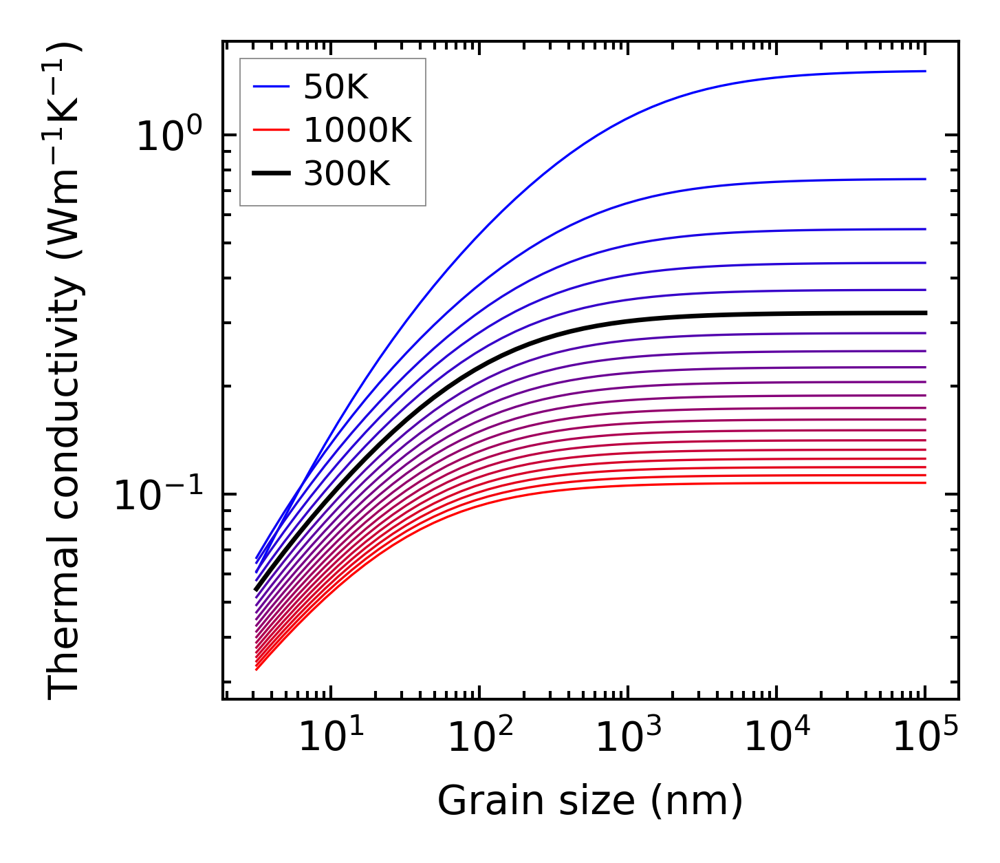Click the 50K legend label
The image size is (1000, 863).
(x=336, y=87)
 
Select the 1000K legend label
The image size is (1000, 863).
(x=358, y=131)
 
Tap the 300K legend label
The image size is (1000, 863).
(x=347, y=175)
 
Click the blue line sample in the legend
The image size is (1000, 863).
(x=271, y=87)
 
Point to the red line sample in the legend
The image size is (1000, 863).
(x=271, y=131)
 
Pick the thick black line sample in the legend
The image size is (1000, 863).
(x=271, y=175)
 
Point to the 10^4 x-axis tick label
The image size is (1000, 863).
(x=776, y=737)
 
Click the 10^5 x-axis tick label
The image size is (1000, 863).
(x=925, y=737)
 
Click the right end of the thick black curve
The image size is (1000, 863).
(x=925, y=313)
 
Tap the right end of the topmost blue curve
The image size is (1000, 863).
(x=925, y=71)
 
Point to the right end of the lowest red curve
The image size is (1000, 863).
(x=925, y=482)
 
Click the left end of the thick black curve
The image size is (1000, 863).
(x=256, y=589)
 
